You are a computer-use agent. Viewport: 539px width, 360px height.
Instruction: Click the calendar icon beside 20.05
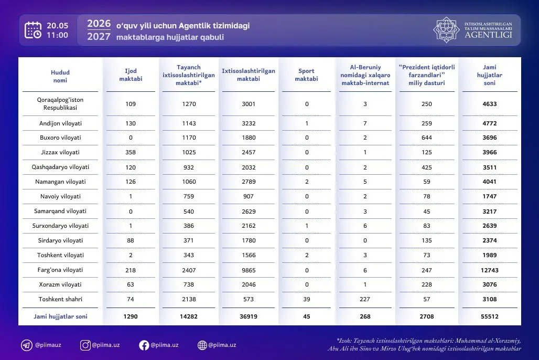click(x=33, y=30)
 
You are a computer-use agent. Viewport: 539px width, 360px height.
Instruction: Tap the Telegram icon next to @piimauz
click(x=26, y=345)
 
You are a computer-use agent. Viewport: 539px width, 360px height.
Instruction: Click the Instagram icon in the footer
click(x=85, y=345)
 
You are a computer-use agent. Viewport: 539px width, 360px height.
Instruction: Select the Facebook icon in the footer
click(x=144, y=345)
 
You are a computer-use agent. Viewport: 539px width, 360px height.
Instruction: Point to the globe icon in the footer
click(x=202, y=345)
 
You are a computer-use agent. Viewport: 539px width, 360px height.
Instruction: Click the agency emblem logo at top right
click(x=446, y=30)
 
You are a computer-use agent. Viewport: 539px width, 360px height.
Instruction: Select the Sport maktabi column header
click(x=306, y=75)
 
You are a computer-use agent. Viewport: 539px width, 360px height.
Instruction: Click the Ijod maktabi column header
click(x=131, y=75)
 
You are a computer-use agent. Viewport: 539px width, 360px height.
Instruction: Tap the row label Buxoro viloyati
click(x=60, y=137)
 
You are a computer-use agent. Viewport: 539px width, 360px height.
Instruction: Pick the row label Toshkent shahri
click(x=60, y=300)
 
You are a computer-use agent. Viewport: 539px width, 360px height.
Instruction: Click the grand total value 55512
click(x=490, y=316)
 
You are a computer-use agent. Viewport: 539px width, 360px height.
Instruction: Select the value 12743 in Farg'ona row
click(x=490, y=270)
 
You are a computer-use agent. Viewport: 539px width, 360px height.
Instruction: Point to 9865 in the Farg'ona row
click(x=249, y=270)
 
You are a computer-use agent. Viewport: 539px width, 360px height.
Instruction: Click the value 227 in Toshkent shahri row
click(x=365, y=300)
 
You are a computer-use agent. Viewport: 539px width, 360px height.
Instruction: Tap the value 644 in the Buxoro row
click(x=427, y=137)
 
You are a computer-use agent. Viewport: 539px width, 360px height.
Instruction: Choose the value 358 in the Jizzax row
click(x=131, y=152)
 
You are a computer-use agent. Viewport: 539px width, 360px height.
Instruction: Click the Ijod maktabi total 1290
click(x=131, y=316)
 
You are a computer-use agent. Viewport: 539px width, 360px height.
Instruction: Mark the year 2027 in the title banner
click(x=99, y=37)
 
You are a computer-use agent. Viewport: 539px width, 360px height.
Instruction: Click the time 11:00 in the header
click(x=57, y=35)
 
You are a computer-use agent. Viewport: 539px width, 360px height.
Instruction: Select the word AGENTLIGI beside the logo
click(x=489, y=35)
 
